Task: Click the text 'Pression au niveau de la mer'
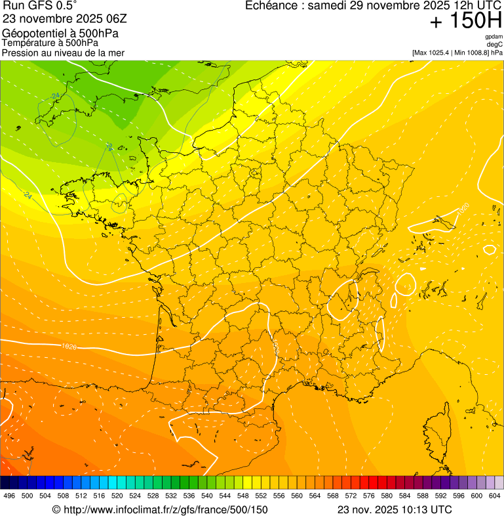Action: click(x=63, y=53)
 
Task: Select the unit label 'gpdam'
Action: click(x=494, y=37)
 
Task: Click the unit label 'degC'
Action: click(x=495, y=45)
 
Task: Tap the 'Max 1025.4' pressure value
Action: click(x=435, y=53)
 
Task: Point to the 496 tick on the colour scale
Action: click(x=9, y=496)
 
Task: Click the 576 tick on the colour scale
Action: click(x=368, y=496)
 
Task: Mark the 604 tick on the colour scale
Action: click(x=495, y=496)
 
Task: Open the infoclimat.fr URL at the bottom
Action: click(x=160, y=509)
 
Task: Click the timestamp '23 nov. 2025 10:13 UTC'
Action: click(x=394, y=509)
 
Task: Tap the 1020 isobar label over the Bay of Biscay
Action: click(x=69, y=346)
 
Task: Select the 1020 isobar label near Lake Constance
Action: click(x=463, y=209)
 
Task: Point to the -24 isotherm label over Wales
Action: click(x=55, y=96)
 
